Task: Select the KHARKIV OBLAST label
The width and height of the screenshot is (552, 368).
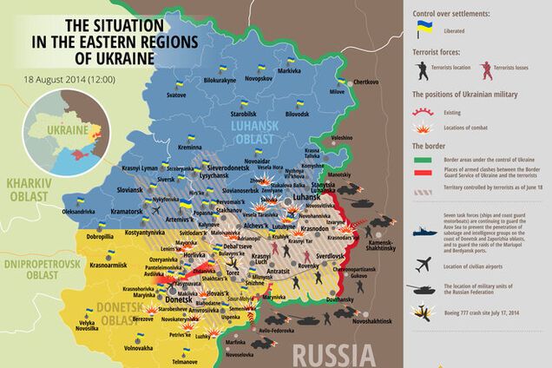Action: pos(27,188)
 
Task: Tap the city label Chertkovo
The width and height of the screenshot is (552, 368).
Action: pos(366,82)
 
